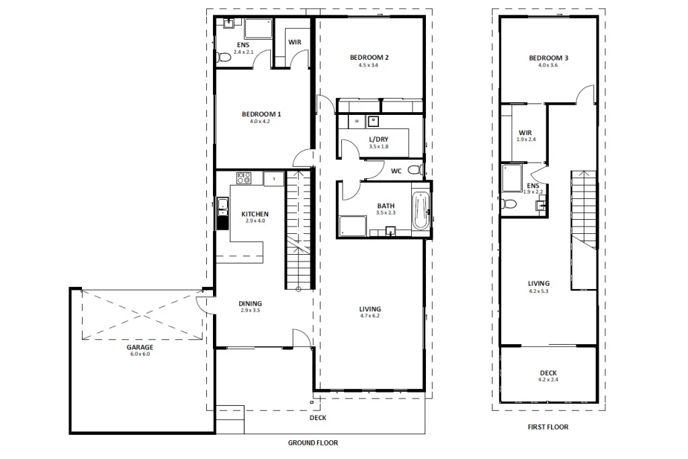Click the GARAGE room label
140,347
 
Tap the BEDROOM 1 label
261,114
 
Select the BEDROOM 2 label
369,58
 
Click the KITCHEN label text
255,214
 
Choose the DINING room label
250,304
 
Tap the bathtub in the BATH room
422,211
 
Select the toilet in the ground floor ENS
224,58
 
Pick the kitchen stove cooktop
243,178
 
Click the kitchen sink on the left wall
222,206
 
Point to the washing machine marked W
357,122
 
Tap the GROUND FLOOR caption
312,443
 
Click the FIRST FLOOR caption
548,427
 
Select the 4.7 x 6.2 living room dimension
370,316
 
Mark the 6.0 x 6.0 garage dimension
140,354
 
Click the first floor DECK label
548,373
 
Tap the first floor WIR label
525,133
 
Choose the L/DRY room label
378,139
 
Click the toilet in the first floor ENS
509,204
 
